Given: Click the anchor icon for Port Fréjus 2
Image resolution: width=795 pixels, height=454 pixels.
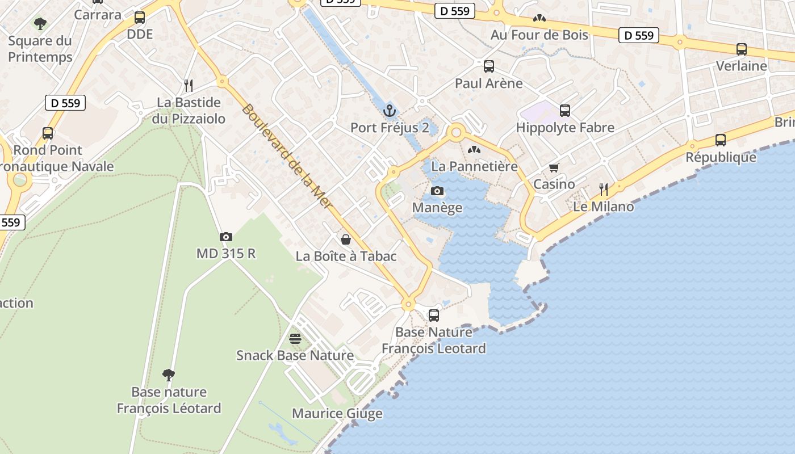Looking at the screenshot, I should coord(390,110).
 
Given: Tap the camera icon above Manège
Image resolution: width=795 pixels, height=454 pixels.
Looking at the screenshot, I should coord(437,191).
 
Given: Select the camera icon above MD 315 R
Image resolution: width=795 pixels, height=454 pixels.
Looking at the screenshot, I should coord(226,237).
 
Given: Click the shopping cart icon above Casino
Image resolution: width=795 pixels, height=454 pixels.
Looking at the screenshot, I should coord(554,167).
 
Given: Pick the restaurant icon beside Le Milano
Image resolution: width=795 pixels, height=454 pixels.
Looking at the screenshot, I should coord(604,189).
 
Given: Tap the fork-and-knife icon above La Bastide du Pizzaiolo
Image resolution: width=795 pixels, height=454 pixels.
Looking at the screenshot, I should coord(189,86).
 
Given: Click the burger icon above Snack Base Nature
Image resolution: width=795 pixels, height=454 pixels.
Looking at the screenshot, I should coord(295,339).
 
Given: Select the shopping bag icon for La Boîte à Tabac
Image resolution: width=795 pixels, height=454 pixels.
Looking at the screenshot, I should coord(346,239).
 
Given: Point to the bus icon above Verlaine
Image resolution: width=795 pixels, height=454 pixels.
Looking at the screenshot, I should coord(741,49).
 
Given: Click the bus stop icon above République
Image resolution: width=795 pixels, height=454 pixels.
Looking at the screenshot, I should coord(721,140).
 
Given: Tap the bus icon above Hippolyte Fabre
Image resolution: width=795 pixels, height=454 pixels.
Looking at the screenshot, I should coord(564,111).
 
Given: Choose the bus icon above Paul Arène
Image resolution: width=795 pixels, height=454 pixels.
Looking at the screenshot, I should coord(489,66).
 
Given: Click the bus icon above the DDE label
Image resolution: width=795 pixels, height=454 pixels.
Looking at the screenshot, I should coord(140,18).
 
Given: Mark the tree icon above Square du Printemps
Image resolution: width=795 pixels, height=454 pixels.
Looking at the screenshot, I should coord(40,23).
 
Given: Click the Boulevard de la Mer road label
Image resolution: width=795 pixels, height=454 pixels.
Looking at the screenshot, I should coord(286,155).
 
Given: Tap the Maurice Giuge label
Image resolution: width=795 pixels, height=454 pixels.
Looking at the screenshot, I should coord(337,414).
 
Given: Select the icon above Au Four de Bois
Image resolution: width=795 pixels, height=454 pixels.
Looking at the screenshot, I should coord(539,18).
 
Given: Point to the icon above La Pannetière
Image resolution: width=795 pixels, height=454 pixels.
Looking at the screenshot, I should coord(474,150).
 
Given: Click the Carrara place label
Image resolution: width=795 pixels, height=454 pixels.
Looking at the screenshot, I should coord(98,14).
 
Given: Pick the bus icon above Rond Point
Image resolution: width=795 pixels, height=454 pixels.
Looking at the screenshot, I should coord(48,133).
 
